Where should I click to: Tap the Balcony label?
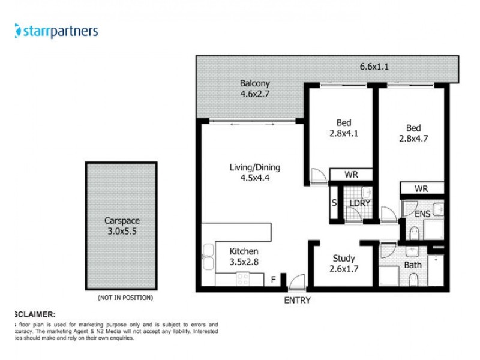pyautogui.click(x=255, y=89)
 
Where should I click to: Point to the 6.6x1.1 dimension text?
pyautogui.click(x=374, y=67)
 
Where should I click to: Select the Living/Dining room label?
pyautogui.click(x=255, y=172)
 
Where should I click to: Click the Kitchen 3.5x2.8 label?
pyautogui.click(x=244, y=257)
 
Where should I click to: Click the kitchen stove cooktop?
pyautogui.click(x=243, y=279)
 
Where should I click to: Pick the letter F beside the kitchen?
pyautogui.click(x=273, y=280)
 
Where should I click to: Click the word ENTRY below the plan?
pyautogui.click(x=297, y=300)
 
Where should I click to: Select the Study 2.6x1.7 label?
pyautogui.click(x=344, y=264)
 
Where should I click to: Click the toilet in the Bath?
pyautogui.click(x=413, y=279)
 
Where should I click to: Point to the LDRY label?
pyautogui.click(x=361, y=203)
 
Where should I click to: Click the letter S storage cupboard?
pyautogui.click(x=334, y=203)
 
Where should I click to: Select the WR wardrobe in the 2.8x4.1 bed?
pyautogui.click(x=351, y=175)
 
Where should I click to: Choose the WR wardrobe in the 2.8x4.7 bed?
pyautogui.click(x=422, y=188)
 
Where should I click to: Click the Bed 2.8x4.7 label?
pyautogui.click(x=413, y=133)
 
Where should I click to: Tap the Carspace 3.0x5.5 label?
pyautogui.click(x=121, y=226)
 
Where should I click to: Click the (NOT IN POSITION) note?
pyautogui.click(x=125, y=298)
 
